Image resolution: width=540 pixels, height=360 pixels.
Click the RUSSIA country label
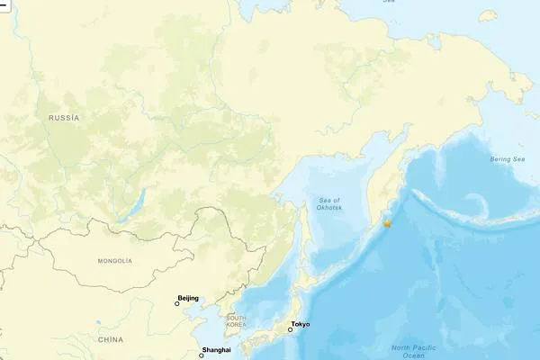[63, 118]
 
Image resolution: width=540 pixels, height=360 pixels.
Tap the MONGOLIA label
[114, 260]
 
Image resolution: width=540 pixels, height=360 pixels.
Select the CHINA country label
[111, 339]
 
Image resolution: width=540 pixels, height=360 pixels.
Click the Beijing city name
[188, 298]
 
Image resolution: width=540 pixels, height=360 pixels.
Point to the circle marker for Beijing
[177, 304]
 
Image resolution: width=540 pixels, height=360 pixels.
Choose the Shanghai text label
[217, 349]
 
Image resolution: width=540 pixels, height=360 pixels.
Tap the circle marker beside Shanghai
[202, 355]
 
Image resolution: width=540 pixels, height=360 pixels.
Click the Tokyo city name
[301, 324]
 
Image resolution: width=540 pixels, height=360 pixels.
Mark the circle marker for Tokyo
[290, 330]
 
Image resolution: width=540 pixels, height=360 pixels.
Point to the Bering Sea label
[508, 159]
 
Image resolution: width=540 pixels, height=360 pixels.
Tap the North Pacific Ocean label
[414, 351]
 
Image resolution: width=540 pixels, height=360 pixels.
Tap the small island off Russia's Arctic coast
[488, 14]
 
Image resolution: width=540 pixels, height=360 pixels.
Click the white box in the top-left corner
[3, 4]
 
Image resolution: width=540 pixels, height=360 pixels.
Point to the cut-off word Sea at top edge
[389, 2]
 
